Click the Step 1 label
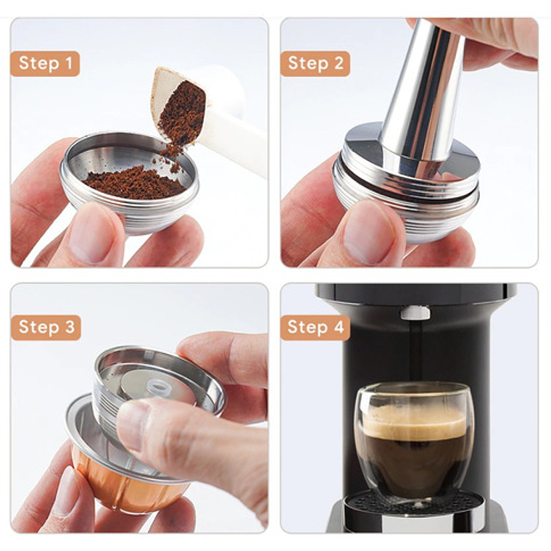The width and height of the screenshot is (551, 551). tap(45, 63)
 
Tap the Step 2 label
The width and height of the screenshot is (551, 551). tap(315, 63)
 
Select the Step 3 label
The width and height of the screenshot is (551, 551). tap(46, 327)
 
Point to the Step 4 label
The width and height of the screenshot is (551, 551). tap(315, 327)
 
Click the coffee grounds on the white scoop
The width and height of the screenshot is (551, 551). tap(183, 112)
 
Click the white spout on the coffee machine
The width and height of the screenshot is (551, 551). tap(415, 312)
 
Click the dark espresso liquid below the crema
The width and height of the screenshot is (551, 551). tap(413, 460)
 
